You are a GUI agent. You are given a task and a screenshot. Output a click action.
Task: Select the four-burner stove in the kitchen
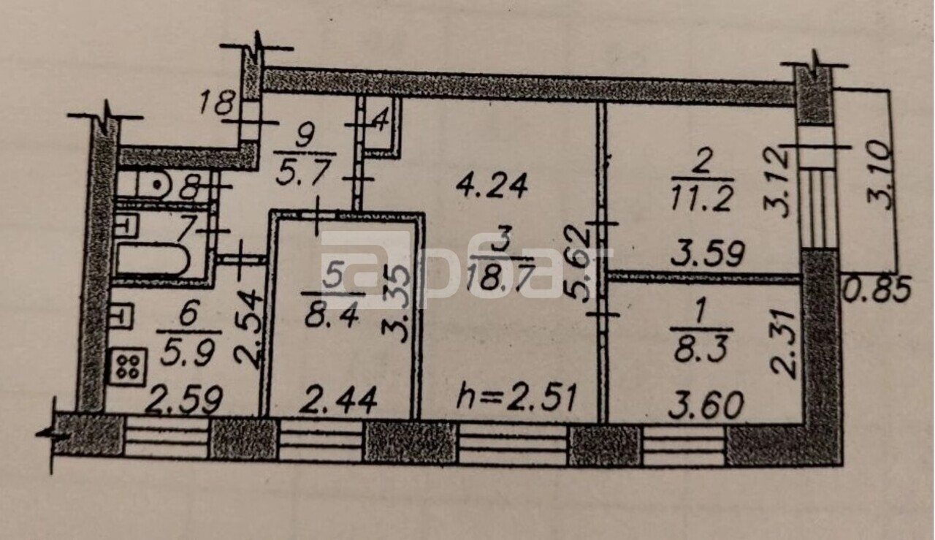pyautogui.click(x=128, y=366)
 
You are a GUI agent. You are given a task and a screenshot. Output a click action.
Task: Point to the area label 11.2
pyautogui.click(x=702, y=199)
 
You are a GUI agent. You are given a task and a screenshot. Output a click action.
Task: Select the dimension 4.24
pyautogui.click(x=492, y=186)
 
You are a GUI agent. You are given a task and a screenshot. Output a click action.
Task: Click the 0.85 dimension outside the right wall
pyautogui.click(x=877, y=289)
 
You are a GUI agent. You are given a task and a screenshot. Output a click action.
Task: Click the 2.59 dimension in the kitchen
pyautogui.click(x=186, y=400)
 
